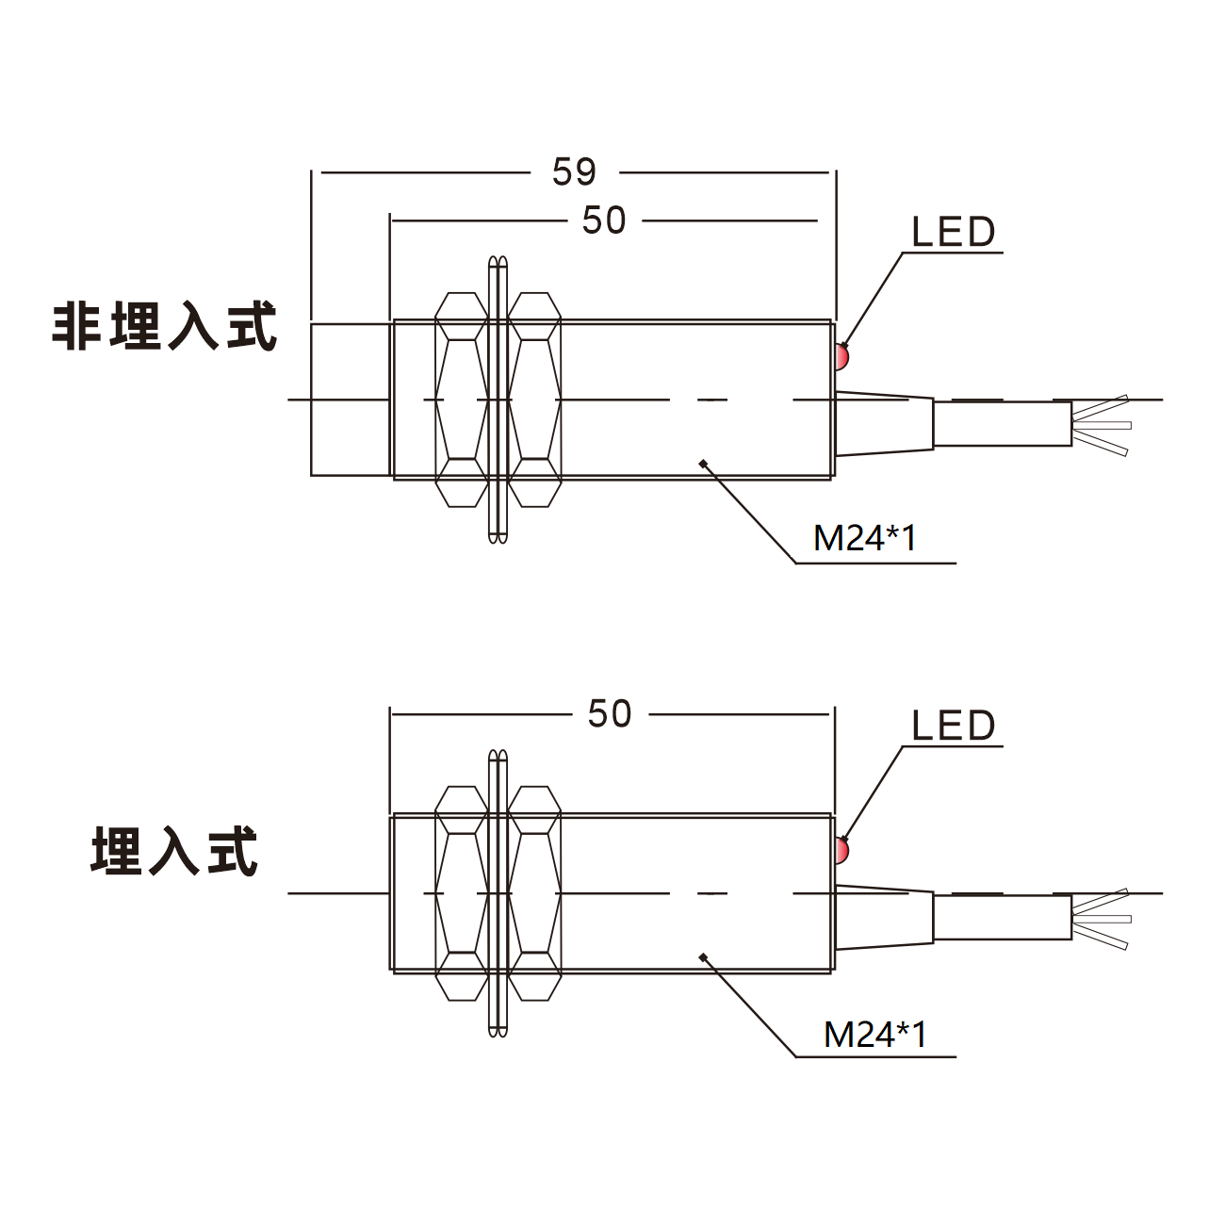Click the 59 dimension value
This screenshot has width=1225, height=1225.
pyautogui.click(x=574, y=171)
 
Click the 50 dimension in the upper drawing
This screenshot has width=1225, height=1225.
pyautogui.click(x=604, y=220)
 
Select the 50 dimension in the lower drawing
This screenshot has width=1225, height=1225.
pyautogui.click(x=610, y=713)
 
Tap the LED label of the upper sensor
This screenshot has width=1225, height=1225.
pyautogui.click(x=953, y=232)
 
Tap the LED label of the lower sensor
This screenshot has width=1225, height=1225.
pyautogui.click(x=953, y=726)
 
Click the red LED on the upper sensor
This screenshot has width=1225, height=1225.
pyautogui.click(x=841, y=357)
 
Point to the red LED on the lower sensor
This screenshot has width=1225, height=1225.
pyautogui.click(x=841, y=851)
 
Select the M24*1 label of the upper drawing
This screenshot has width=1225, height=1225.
pyautogui.click(x=865, y=538)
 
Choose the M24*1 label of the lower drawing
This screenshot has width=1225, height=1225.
pyautogui.click(x=875, y=1034)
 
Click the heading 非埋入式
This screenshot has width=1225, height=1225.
pyautogui.click(x=164, y=326)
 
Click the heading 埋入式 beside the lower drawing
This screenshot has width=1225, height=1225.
pyautogui.click(x=174, y=851)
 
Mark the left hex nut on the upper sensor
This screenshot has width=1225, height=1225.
pyautogui.click(x=462, y=400)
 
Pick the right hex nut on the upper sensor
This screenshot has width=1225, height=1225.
pyautogui.click(x=534, y=400)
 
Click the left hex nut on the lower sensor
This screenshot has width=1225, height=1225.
pyautogui.click(x=462, y=893)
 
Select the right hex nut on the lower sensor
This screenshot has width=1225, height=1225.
pyautogui.click(x=534, y=893)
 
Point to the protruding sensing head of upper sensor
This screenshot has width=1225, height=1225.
pyautogui.click(x=351, y=400)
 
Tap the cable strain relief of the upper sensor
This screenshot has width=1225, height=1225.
pyautogui.click(x=884, y=423)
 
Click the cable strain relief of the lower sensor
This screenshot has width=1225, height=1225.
pyautogui.click(x=884, y=917)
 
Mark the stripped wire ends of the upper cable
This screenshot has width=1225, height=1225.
pyautogui.click(x=1101, y=425)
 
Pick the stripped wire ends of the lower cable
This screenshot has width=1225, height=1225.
pyautogui.click(x=1101, y=920)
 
